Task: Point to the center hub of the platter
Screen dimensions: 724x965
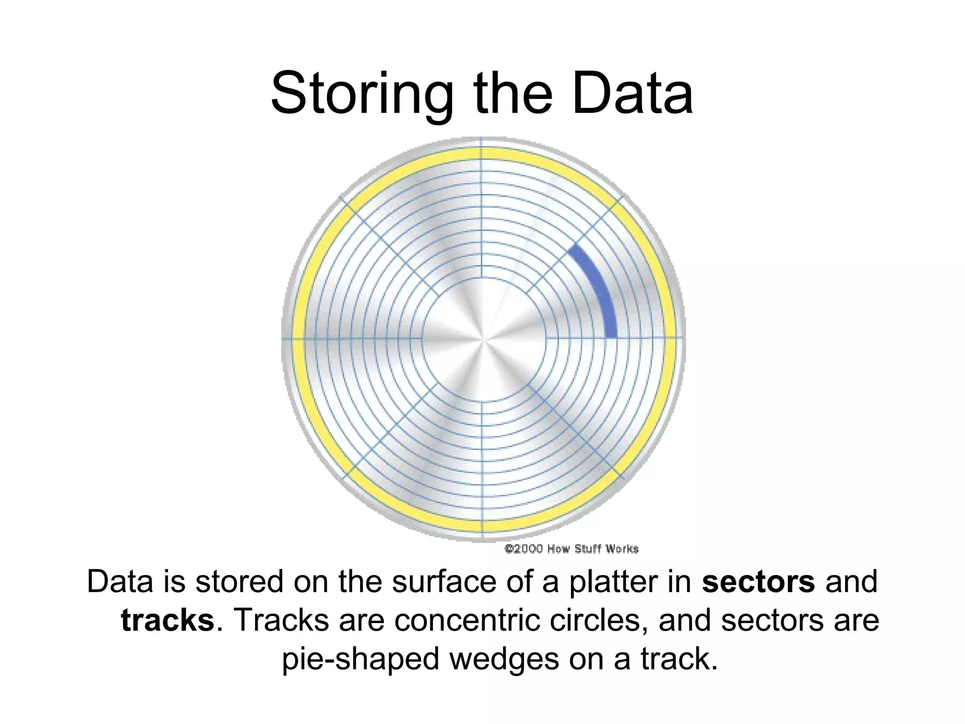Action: coord(483,338)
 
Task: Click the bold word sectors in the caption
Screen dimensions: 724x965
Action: coord(758,582)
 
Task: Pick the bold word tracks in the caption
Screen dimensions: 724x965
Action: coord(168,620)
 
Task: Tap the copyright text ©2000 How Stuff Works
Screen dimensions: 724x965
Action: coord(572,549)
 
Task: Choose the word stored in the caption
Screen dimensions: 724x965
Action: coord(239,582)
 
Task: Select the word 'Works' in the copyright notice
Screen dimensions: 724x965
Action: coord(622,549)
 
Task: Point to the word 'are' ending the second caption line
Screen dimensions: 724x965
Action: coord(856,621)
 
